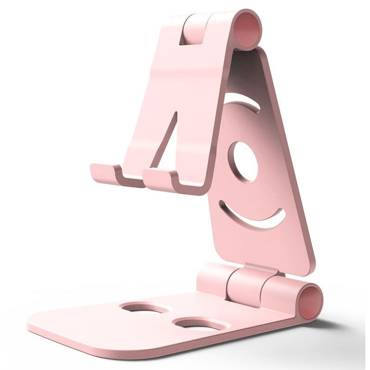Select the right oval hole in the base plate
point(197,324)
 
